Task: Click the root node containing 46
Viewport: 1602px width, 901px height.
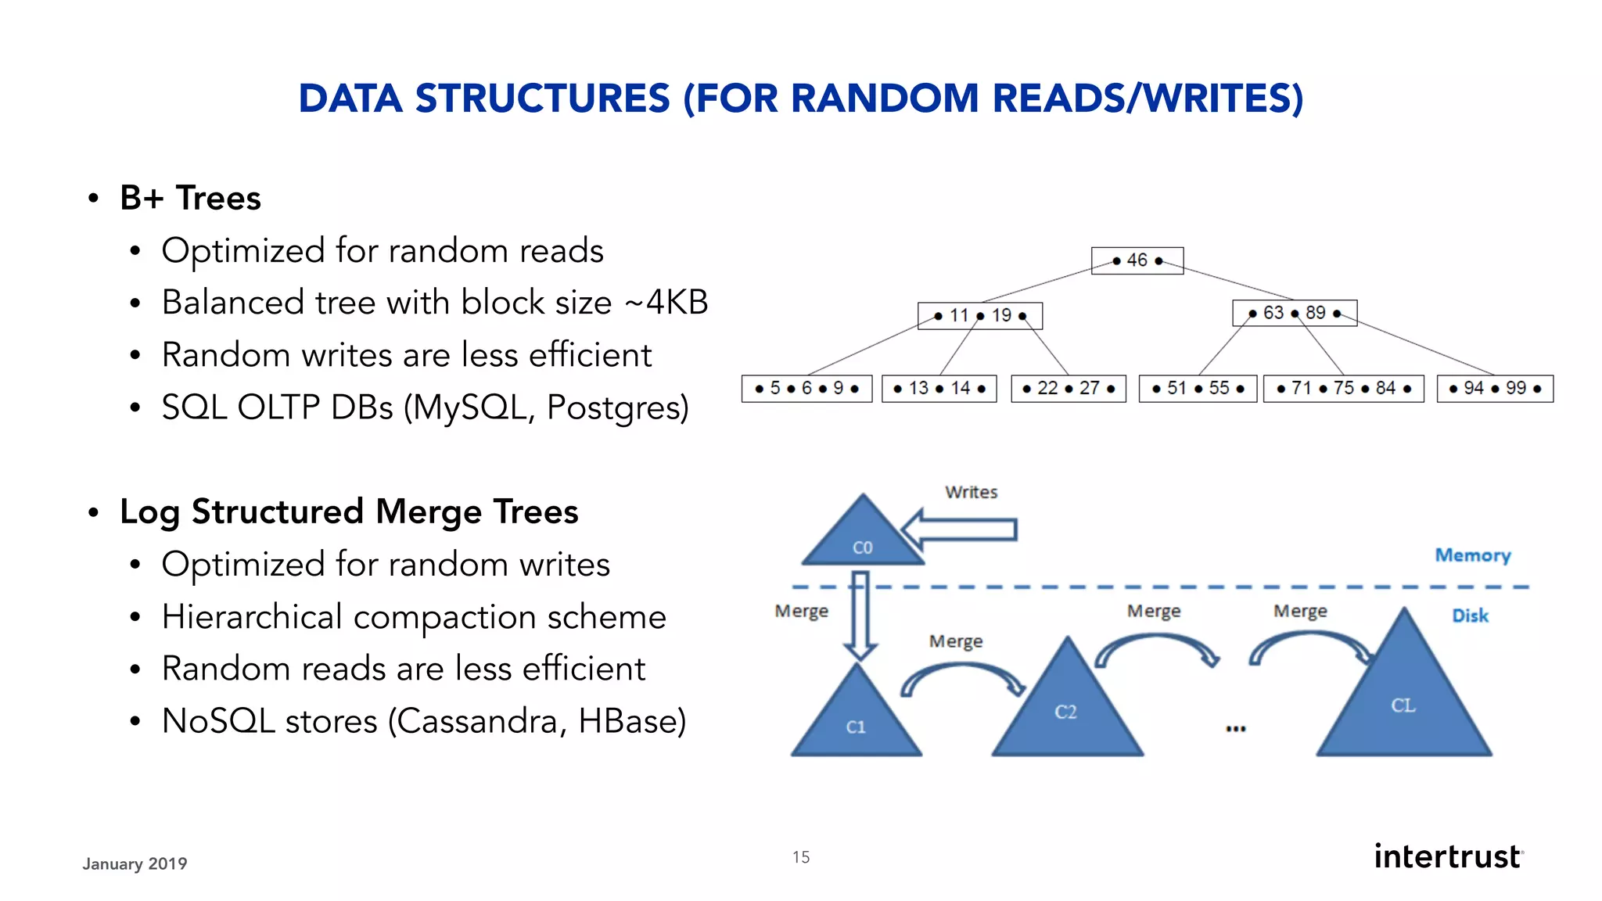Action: tap(1137, 260)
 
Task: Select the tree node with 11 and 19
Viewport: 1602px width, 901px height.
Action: tap(979, 315)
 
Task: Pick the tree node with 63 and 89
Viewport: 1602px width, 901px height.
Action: tap(1294, 313)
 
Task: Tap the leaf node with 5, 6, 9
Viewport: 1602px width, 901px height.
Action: tap(806, 388)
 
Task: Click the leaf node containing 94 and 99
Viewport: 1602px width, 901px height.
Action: tap(1494, 388)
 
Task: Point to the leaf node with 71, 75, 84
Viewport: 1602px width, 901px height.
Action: tap(1343, 388)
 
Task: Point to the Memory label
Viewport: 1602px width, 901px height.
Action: tap(1472, 555)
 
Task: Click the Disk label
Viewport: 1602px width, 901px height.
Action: tap(1470, 616)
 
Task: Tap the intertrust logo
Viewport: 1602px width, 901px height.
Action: tap(1448, 856)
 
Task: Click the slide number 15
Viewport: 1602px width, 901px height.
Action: tap(800, 857)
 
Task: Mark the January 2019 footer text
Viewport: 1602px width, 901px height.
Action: tap(135, 863)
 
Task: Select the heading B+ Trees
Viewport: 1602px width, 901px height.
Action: tap(190, 198)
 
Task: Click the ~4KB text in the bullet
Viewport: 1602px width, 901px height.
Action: tap(666, 302)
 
